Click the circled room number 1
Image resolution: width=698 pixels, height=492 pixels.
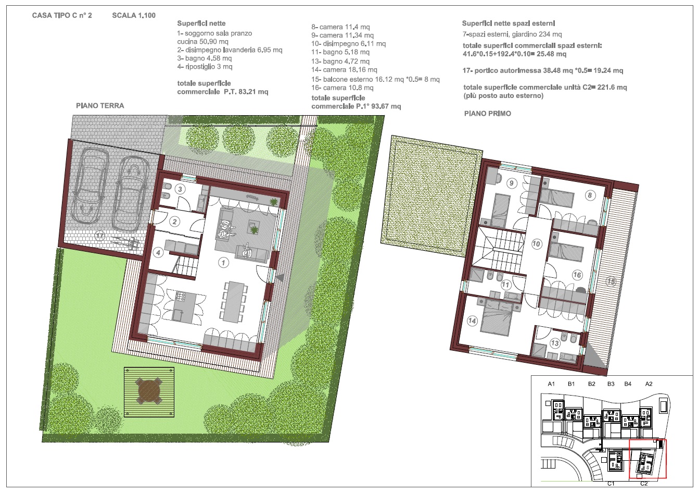pos(223,263)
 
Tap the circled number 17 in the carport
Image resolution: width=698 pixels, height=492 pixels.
pos(100,236)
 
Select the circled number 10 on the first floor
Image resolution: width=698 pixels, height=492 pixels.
pos(536,244)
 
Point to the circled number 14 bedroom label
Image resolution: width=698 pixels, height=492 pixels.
pos(472,321)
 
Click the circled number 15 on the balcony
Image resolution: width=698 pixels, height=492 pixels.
pos(611,282)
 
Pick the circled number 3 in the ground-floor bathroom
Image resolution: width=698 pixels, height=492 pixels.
pos(180,189)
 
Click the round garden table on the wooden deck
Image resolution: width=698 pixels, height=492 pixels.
pos(149,391)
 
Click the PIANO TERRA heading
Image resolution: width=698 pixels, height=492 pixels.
pos(100,106)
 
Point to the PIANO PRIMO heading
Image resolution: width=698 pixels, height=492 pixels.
pos(488,114)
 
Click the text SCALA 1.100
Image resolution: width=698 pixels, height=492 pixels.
pos(134,16)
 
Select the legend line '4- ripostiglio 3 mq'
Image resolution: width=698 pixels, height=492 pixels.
pos(205,67)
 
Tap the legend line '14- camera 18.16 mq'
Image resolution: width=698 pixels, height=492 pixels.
pos(345,70)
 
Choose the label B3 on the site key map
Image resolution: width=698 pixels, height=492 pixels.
pos(611,384)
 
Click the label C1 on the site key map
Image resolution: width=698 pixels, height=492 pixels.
pos(611,484)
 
